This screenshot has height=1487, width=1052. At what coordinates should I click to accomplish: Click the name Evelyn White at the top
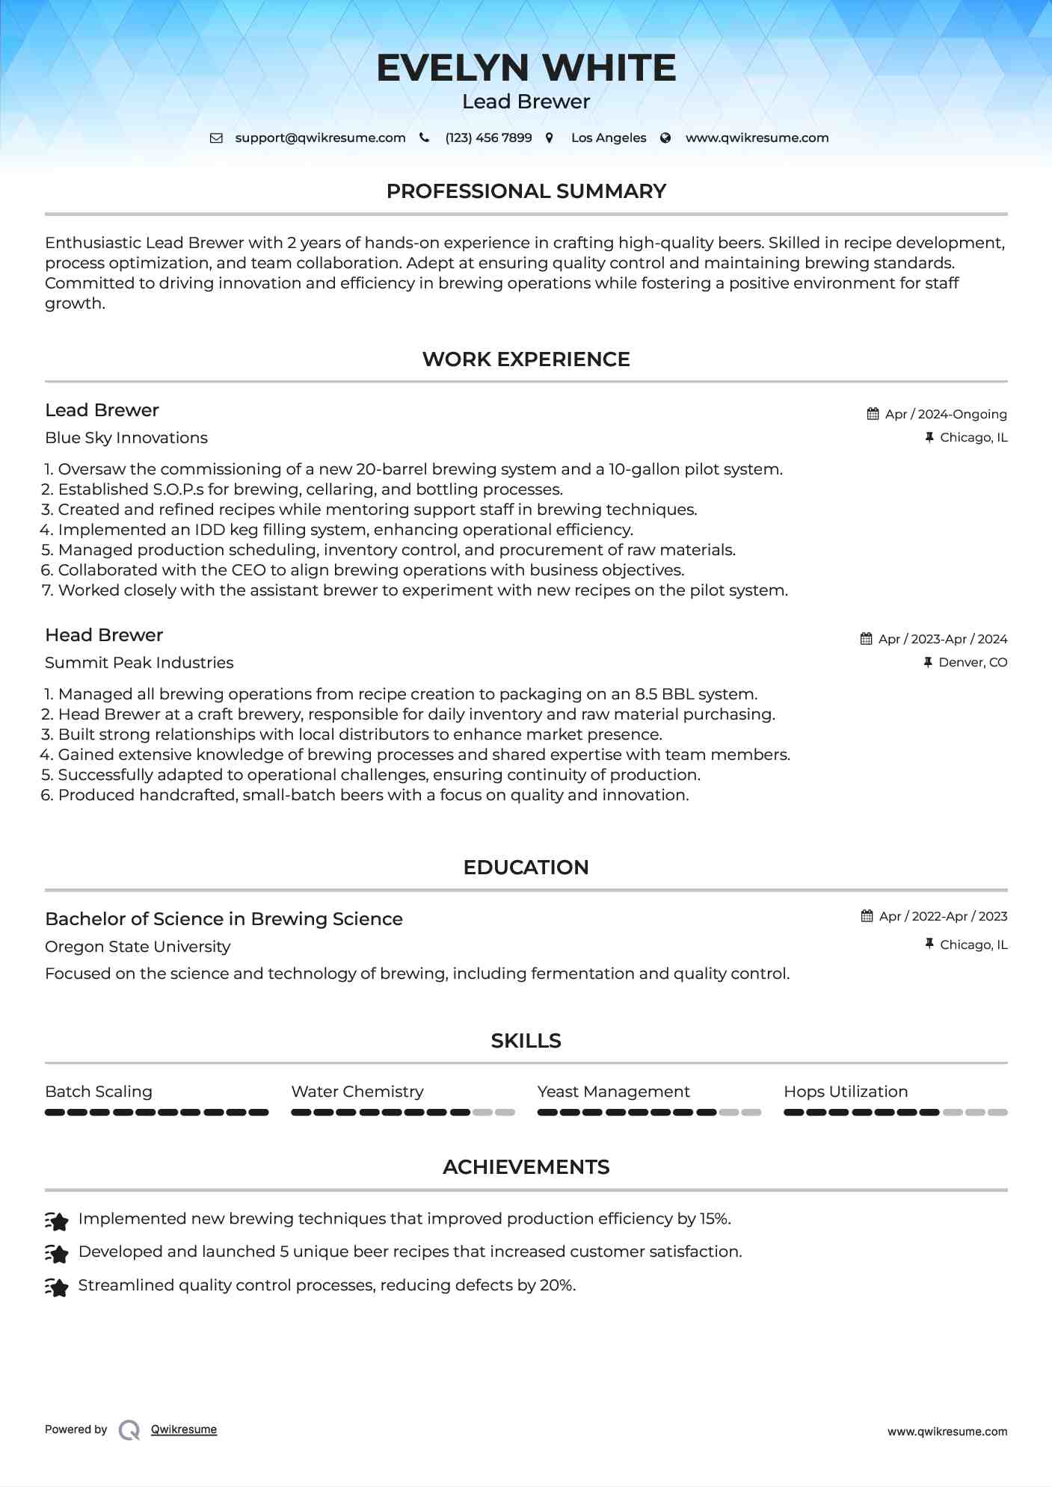tap(526, 68)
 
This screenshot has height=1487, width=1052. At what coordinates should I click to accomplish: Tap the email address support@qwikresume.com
tap(320, 137)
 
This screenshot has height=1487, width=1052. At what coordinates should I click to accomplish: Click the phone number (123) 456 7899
tap(488, 137)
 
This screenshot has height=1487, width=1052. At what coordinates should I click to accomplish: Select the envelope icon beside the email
tap(216, 138)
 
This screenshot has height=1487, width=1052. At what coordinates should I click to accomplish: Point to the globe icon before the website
tap(665, 138)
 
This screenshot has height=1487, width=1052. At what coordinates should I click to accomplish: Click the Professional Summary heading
tap(526, 191)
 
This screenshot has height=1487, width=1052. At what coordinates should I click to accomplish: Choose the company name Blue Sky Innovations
tap(126, 438)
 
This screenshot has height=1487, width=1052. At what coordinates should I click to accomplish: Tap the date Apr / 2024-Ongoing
tap(946, 414)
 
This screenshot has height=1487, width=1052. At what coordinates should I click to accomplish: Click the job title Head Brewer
tap(104, 635)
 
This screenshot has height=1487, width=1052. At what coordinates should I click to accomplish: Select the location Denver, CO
tap(973, 662)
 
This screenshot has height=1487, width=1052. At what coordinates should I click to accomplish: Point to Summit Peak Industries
tap(139, 663)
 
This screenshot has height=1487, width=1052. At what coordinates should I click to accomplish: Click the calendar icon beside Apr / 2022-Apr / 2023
tap(867, 916)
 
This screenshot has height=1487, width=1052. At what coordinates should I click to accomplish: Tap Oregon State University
tap(138, 947)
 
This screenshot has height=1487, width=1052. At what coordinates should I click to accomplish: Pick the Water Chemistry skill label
tap(357, 1092)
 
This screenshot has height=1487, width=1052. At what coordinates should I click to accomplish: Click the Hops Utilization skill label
tap(846, 1092)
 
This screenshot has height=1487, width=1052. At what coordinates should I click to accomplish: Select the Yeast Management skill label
tap(613, 1092)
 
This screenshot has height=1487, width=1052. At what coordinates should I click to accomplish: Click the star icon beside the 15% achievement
tap(57, 1221)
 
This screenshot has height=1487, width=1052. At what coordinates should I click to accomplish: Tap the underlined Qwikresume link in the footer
tap(184, 1429)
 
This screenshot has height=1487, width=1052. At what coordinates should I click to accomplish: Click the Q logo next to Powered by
tap(129, 1429)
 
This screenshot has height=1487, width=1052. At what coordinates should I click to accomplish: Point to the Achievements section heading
tap(526, 1167)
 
